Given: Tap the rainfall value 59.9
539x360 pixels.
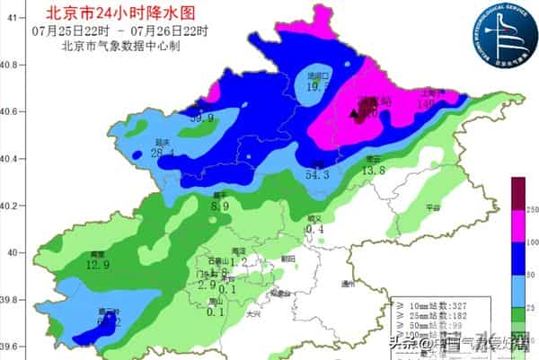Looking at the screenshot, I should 200,118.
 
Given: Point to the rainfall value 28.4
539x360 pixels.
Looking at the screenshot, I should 163,153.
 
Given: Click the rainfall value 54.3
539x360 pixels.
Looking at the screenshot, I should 319,174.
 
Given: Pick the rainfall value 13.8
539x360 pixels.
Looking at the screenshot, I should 373,171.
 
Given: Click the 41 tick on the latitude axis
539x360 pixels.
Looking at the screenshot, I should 12,18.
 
